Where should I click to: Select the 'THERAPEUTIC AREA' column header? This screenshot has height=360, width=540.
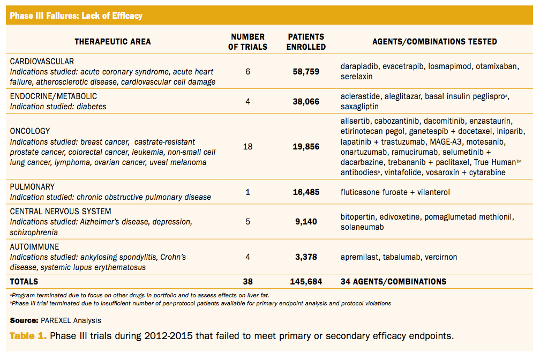(x=112, y=42)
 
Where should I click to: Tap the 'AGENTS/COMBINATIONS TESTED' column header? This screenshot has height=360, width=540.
(x=434, y=42)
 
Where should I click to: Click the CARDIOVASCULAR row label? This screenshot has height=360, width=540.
(x=42, y=62)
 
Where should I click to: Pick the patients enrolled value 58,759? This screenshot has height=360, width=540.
(x=306, y=71)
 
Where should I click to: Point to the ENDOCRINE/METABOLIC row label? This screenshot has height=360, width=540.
(x=54, y=96)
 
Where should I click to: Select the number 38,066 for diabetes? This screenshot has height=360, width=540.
(x=306, y=101)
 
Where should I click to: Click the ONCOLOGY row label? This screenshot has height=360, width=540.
(x=30, y=131)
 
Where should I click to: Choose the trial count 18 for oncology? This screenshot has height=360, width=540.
(x=247, y=146)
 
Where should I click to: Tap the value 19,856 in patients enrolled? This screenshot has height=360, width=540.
(x=306, y=146)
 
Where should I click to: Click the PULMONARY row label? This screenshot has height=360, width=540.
(x=32, y=187)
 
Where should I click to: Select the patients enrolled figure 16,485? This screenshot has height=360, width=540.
(x=306, y=192)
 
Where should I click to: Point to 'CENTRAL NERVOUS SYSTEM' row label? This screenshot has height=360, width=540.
(x=61, y=212)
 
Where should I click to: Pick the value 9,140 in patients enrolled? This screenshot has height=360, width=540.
(x=306, y=222)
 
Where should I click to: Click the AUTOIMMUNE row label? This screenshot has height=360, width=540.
(x=34, y=247)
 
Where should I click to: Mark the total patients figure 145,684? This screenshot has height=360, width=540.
(x=306, y=281)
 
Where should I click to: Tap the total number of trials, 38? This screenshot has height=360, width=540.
(x=247, y=281)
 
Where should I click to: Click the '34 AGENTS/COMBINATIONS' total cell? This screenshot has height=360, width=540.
(x=393, y=281)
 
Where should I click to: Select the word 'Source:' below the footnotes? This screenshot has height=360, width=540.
(x=24, y=320)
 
